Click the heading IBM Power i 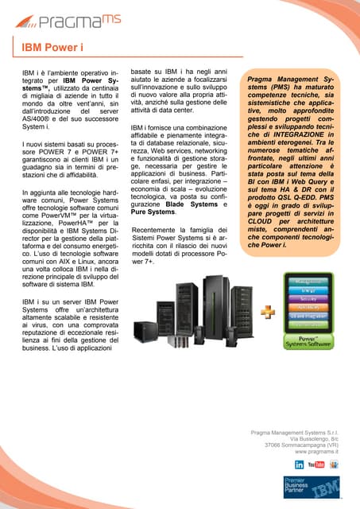point(52,48)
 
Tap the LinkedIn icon point(299,464)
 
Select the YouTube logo point(315,464)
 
